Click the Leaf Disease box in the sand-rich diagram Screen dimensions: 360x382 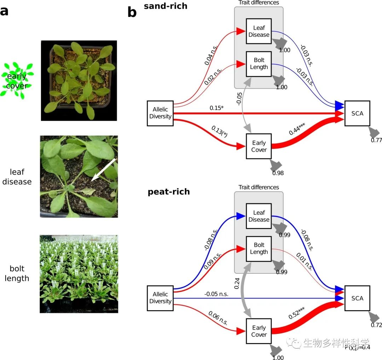pyautogui.click(x=259, y=31)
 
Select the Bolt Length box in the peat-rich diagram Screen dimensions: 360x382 pyautogui.click(x=259, y=248)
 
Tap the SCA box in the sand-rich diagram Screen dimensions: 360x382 pyautogui.click(x=357, y=114)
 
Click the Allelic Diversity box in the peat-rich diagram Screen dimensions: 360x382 pyautogui.click(x=160, y=298)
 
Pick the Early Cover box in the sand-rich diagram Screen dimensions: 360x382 pyautogui.click(x=259, y=146)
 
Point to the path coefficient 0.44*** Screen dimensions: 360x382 pyautogui.click(x=297, y=128)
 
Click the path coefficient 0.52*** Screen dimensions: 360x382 pyautogui.click(x=297, y=313)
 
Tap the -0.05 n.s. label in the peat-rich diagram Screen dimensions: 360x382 pyautogui.click(x=216, y=294)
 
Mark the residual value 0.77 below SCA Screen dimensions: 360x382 pyautogui.click(x=376, y=140)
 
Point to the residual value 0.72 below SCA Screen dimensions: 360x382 pyautogui.click(x=376, y=325)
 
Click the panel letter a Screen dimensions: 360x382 pyautogui.click(x=4, y=11)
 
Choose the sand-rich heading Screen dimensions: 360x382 pyautogui.click(x=166, y=6)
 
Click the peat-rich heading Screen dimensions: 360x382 pyautogui.click(x=169, y=192)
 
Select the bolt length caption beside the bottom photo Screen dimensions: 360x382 pyautogui.click(x=17, y=273)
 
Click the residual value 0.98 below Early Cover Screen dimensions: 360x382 pyautogui.click(x=278, y=173)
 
